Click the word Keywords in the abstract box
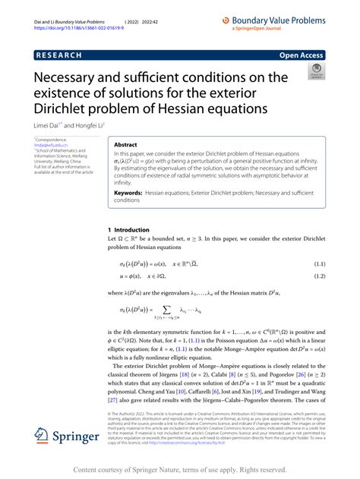tap(129, 194)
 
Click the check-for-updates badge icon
tap(313, 71)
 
